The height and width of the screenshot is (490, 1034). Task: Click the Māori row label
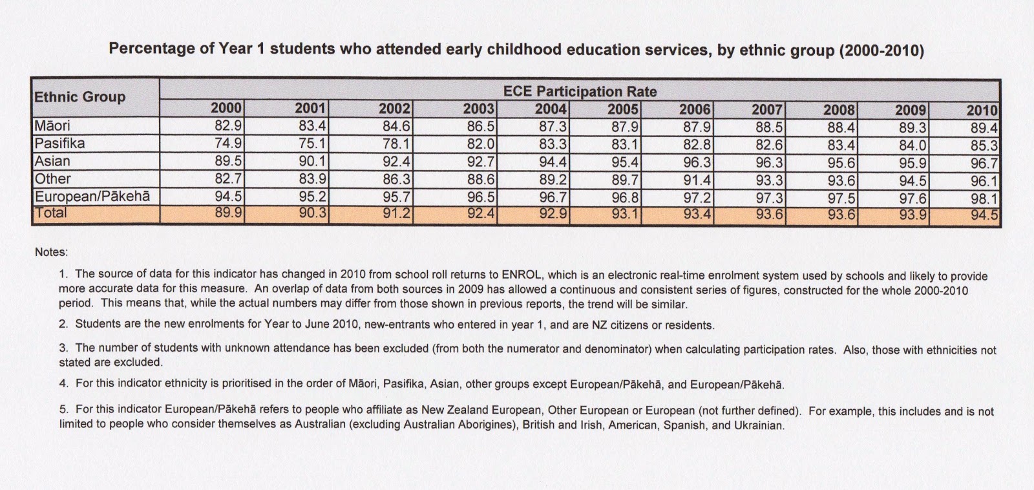(x=52, y=125)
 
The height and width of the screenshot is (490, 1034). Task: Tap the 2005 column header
(x=623, y=109)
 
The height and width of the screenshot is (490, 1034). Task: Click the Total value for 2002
(x=396, y=213)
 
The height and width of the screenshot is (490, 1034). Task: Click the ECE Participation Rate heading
(x=580, y=91)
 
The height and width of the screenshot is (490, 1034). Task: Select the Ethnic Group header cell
(x=79, y=97)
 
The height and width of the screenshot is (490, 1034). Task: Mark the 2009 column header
(x=911, y=110)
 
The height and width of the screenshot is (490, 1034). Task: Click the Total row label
(x=51, y=213)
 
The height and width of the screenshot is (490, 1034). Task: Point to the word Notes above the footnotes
(x=51, y=252)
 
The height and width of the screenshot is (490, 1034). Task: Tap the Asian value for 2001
(x=312, y=162)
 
